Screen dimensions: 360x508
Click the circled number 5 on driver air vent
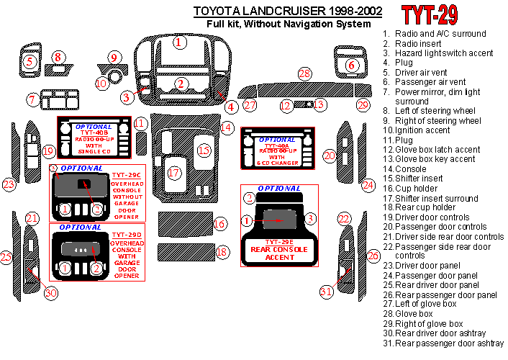pyautogui.click(x=30, y=61)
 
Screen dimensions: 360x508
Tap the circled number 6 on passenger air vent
pyautogui.click(x=352, y=66)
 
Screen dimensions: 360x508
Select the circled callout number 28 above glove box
pyautogui.click(x=305, y=74)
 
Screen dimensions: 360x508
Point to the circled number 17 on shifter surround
pyautogui.click(x=173, y=173)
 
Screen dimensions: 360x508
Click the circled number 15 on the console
pyautogui.click(x=204, y=150)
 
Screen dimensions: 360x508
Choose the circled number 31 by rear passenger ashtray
pyautogui.click(x=327, y=291)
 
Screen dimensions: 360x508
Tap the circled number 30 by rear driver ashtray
pyautogui.click(x=50, y=292)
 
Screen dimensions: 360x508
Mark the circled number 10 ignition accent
pyautogui.click(x=101, y=84)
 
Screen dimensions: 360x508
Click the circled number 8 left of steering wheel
pyautogui.click(x=59, y=56)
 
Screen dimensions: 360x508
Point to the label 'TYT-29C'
pyautogui.click(x=127, y=175)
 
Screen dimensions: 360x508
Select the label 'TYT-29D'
pyautogui.click(x=127, y=235)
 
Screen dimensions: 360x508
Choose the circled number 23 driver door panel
pyautogui.click(x=9, y=184)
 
